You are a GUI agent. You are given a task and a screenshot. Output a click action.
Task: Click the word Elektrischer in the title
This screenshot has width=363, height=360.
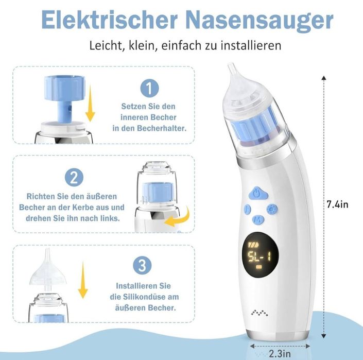[x=110, y=20]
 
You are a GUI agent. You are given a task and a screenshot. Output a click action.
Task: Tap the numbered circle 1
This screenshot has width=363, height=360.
[x=150, y=88]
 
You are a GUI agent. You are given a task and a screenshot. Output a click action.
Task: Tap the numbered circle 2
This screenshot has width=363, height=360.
[x=74, y=178]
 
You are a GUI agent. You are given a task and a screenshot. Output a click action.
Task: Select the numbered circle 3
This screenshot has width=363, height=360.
[x=143, y=265]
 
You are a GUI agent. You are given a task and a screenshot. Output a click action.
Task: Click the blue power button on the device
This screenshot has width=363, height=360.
[x=258, y=193]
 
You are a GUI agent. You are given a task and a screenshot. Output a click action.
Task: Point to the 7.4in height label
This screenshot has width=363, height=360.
[x=337, y=204]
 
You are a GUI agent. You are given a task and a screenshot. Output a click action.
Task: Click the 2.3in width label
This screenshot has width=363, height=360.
[x=280, y=353]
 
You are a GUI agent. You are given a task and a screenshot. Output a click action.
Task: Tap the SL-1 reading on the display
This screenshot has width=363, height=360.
[x=260, y=256]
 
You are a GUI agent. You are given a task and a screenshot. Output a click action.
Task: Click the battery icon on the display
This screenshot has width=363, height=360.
[x=253, y=245]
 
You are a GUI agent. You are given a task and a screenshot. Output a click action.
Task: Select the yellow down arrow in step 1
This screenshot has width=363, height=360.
[x=90, y=104]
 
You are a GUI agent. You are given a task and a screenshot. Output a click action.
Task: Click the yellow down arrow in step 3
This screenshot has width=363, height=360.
[x=83, y=280]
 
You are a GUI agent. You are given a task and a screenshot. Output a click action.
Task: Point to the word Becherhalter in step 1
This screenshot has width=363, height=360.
[x=162, y=128]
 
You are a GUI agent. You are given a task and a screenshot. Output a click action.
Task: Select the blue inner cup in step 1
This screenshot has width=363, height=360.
[x=65, y=97]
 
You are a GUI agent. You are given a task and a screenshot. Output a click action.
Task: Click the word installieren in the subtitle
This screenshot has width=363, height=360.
[x=251, y=45]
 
